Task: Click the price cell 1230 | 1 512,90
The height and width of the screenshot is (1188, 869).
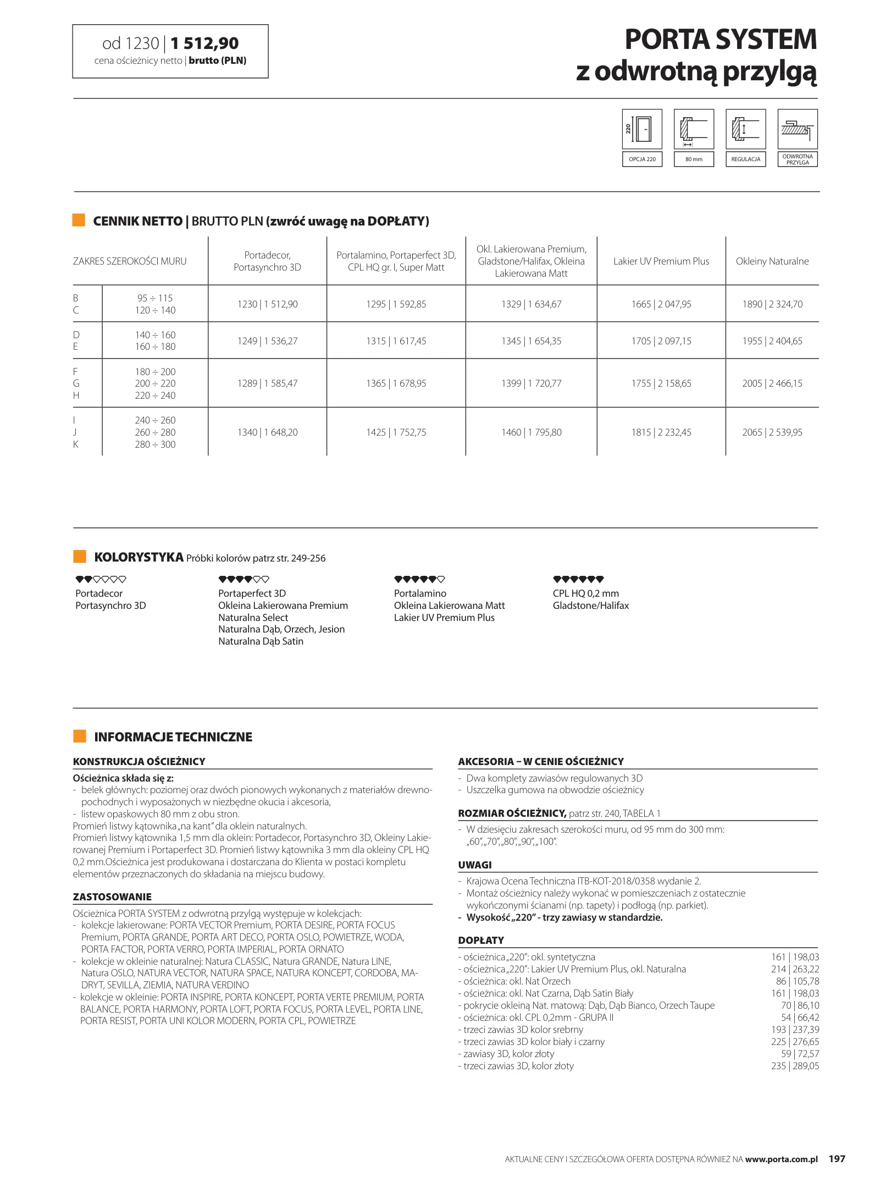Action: (x=267, y=304)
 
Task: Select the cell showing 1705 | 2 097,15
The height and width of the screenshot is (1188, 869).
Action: (x=661, y=341)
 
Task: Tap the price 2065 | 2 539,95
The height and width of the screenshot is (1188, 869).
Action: (x=772, y=432)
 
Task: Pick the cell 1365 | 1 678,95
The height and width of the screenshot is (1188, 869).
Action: (x=396, y=383)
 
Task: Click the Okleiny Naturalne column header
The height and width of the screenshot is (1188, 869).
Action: (x=772, y=261)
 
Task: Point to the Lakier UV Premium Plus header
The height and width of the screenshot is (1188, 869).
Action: (x=661, y=261)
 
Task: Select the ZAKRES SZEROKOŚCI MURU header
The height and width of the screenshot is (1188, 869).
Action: (x=130, y=261)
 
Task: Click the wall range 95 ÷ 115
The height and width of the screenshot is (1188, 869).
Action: (x=155, y=298)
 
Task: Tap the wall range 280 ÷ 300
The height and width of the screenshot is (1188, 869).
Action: (x=155, y=444)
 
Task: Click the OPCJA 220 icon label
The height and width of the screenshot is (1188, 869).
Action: (x=642, y=159)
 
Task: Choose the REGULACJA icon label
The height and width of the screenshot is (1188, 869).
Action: (x=745, y=159)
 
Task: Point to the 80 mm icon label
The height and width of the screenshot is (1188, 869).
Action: (x=694, y=159)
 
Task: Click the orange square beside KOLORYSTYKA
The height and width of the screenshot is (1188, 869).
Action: (x=80, y=557)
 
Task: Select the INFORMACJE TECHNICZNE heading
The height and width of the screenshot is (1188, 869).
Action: (x=173, y=737)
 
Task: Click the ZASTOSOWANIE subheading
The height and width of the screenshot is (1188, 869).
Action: (x=112, y=897)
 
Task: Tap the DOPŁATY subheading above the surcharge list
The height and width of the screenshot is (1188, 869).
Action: (x=481, y=940)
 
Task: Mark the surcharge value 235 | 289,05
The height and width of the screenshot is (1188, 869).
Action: (x=794, y=1066)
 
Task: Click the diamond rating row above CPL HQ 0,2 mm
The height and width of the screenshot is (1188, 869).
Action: (x=578, y=579)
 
